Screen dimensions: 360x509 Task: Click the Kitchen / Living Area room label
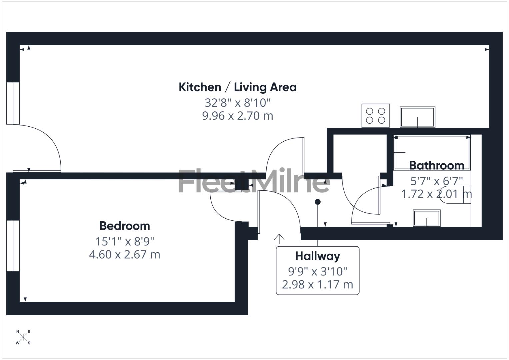237,87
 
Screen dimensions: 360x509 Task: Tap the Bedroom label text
125,226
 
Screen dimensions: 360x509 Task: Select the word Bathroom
436,165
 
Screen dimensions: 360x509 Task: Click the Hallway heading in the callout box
317,256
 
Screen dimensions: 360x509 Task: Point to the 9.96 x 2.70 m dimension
237,116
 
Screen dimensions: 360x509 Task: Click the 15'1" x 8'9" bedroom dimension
125,241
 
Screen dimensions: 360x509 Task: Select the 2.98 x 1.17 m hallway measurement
317,285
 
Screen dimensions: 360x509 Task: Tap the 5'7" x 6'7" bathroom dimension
436,181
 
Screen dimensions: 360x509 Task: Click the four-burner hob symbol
375,115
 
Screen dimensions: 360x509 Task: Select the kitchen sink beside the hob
417,117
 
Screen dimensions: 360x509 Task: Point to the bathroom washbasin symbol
426,218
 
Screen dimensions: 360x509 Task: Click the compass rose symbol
23,337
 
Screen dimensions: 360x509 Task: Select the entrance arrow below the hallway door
279,238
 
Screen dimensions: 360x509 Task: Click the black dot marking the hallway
318,202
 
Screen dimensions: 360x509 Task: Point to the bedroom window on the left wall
13,245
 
